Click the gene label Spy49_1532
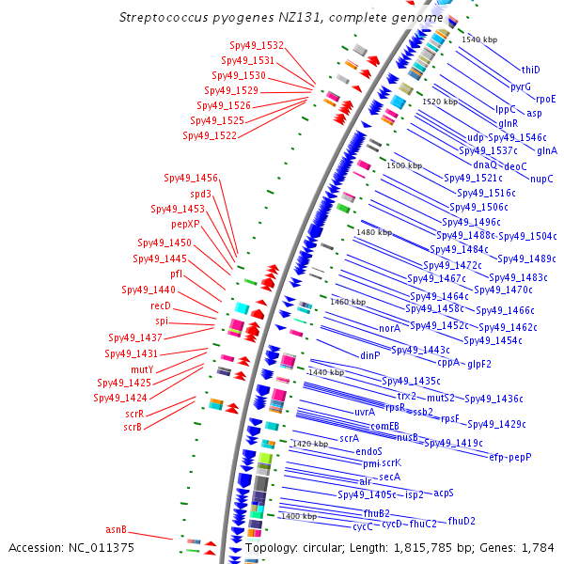coord(257,45)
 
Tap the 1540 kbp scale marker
coord(479,39)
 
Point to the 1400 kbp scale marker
coord(298,516)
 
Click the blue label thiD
coord(531,70)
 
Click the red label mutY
coord(142,369)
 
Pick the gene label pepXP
coord(185,225)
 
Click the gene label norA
coord(389,329)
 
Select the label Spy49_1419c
coord(453,443)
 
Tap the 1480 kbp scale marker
coord(374,232)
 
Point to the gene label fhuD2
coord(462,521)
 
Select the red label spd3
coord(200,195)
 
